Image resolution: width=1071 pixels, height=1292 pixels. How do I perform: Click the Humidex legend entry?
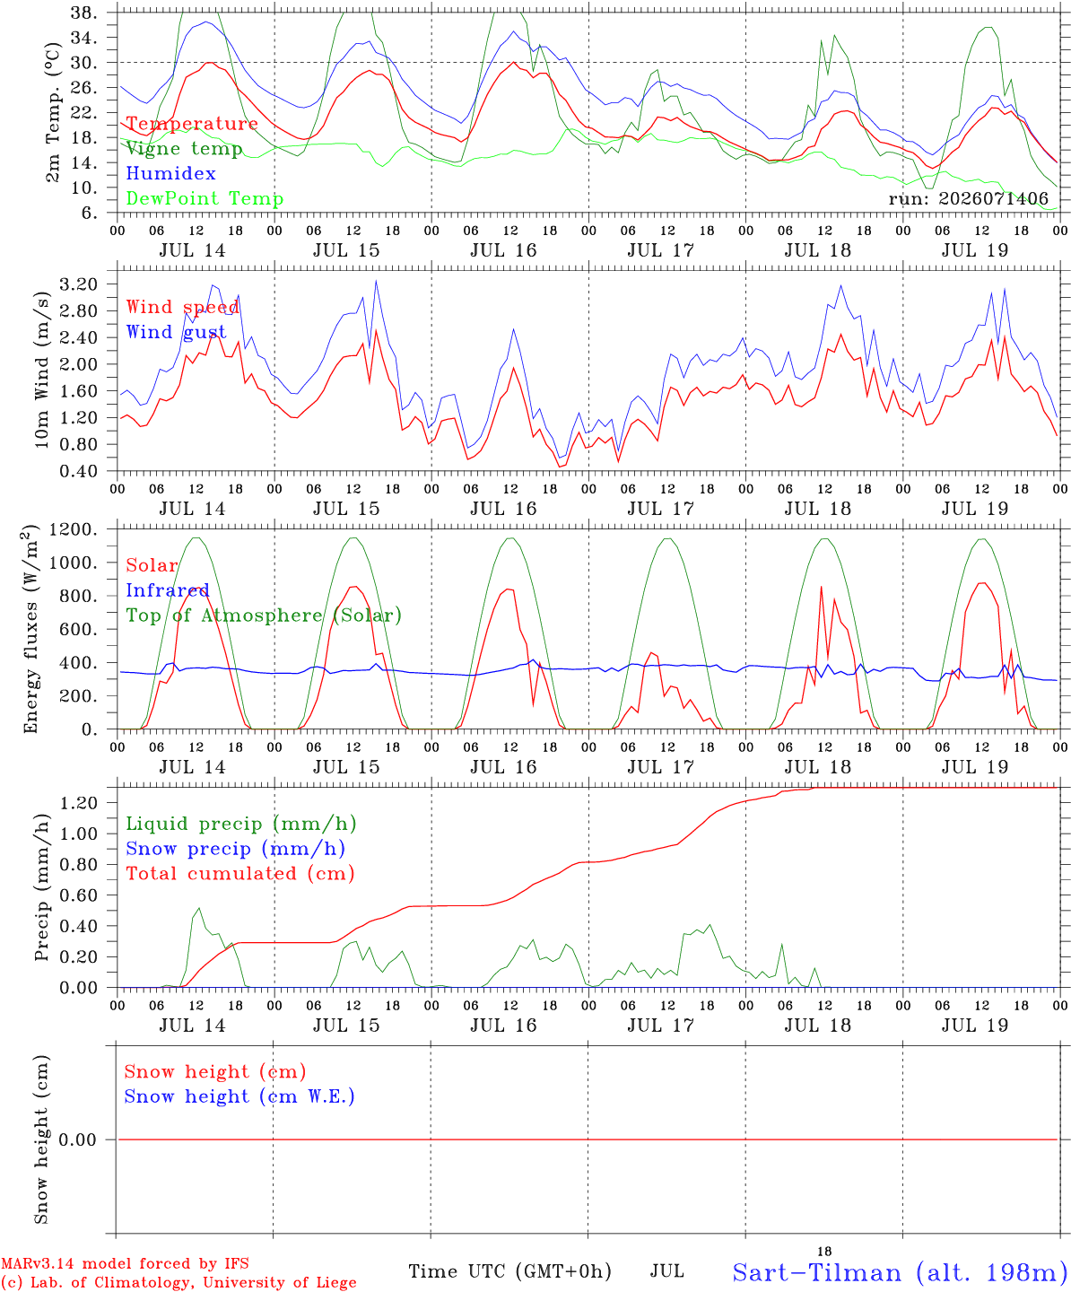pyautogui.click(x=170, y=173)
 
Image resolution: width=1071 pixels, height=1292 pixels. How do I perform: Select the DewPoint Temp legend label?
pyautogui.click(x=205, y=198)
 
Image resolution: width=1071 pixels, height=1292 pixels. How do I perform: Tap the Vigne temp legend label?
pyautogui.click(x=184, y=149)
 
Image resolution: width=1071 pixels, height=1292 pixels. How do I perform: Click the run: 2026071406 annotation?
pyautogui.click(x=968, y=198)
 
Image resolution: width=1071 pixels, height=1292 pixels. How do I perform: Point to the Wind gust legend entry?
pyautogui.click(x=177, y=332)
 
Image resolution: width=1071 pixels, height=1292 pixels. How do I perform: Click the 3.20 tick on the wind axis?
pyautogui.click(x=79, y=284)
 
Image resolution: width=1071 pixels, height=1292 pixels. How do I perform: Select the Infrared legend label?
pyautogui.click(x=168, y=590)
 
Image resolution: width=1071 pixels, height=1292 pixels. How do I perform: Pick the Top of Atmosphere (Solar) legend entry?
pyautogui.click(x=265, y=615)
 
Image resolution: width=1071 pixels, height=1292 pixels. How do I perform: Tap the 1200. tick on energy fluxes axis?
pyautogui.click(x=74, y=529)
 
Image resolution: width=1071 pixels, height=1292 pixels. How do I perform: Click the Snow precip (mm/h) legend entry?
pyautogui.click(x=235, y=849)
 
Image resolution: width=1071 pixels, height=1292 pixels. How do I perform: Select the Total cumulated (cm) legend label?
pyautogui.click(x=240, y=873)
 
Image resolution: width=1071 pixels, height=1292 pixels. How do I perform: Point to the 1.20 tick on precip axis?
pyautogui.click(x=79, y=803)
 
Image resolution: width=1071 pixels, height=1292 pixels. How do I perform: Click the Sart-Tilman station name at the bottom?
pyautogui.click(x=901, y=1272)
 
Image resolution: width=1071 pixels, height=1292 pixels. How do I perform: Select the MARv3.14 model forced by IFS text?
pyautogui.click(x=125, y=1263)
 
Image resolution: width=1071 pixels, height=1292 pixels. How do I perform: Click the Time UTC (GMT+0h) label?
pyautogui.click(x=509, y=1271)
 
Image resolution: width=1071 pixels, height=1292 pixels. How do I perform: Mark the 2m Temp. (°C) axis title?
pyautogui.click(x=53, y=113)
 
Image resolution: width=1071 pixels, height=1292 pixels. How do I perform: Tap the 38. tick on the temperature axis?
pyautogui.click(x=83, y=13)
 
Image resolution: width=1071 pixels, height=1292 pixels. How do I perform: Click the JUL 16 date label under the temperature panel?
pyautogui.click(x=503, y=250)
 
